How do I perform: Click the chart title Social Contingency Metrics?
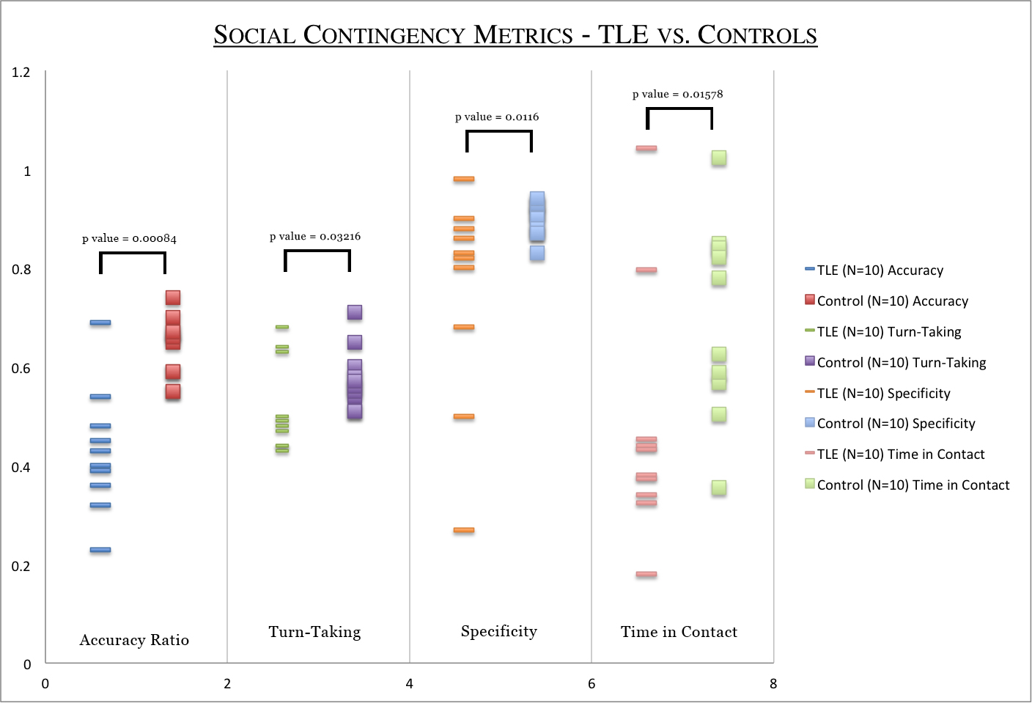(x=515, y=34)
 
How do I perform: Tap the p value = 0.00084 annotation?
(x=129, y=238)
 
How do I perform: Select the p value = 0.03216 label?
(x=315, y=236)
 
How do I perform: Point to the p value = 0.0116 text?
(x=497, y=117)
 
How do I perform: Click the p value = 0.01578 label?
(x=678, y=94)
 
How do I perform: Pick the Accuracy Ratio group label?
(x=134, y=640)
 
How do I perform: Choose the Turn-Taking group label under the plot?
(x=314, y=632)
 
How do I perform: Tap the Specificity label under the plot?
(x=499, y=631)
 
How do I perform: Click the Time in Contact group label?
(x=679, y=632)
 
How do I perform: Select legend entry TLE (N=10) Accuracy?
(x=880, y=270)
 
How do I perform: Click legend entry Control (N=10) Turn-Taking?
(x=901, y=362)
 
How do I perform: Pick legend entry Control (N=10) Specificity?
(x=896, y=424)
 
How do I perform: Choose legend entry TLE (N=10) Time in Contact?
(x=900, y=454)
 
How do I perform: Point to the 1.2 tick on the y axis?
(x=21, y=72)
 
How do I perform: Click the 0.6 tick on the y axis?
(x=21, y=369)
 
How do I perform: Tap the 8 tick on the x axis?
(x=773, y=684)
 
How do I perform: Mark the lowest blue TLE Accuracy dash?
(x=100, y=550)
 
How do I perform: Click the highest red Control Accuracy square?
(x=173, y=298)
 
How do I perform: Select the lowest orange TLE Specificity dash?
(x=464, y=530)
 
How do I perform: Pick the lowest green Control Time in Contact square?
(x=719, y=487)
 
